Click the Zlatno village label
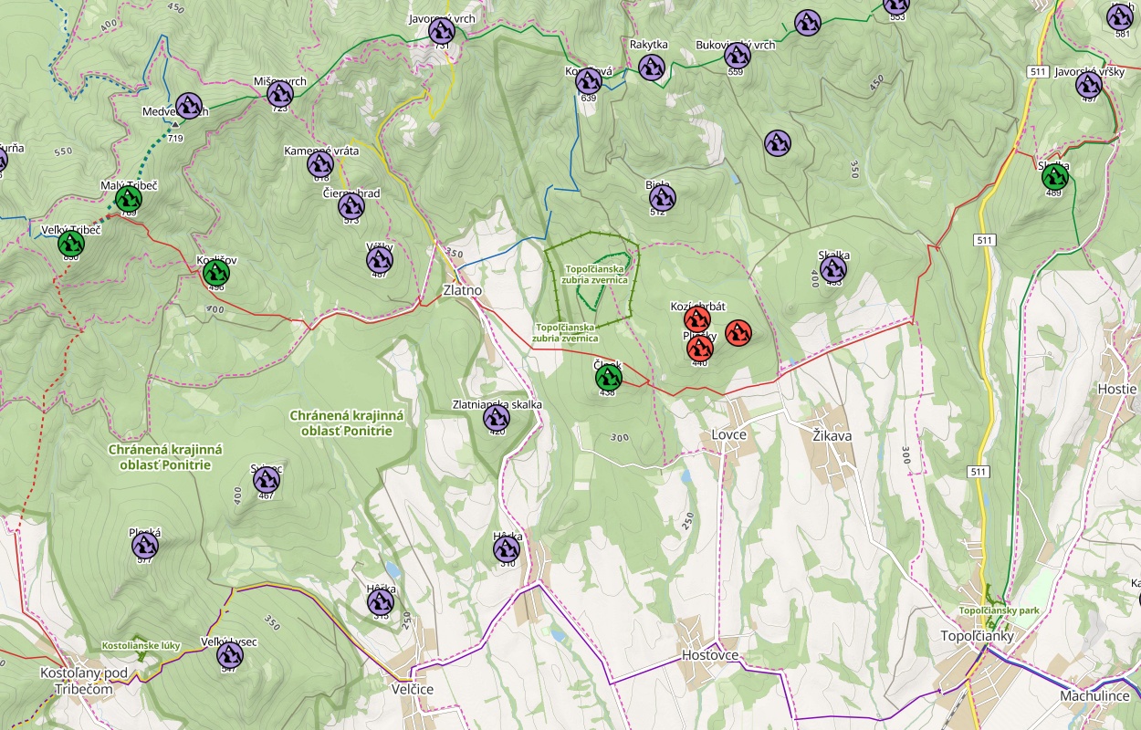[x=462, y=290]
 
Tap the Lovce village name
[x=729, y=434]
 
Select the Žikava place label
[x=832, y=435]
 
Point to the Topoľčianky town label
[x=978, y=636]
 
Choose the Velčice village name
[x=412, y=689]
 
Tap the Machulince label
[x=1095, y=695]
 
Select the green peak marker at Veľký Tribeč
[x=71, y=244]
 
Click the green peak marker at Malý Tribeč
[x=128, y=200]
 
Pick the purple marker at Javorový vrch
[x=442, y=31]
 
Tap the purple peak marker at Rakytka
[x=651, y=67]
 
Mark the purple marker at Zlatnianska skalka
[x=497, y=418]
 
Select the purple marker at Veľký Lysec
[x=230, y=655]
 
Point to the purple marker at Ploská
[x=145, y=546]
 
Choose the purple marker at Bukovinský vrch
[x=738, y=57]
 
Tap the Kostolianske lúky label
[x=141, y=645]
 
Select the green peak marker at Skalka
[x=1055, y=176]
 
